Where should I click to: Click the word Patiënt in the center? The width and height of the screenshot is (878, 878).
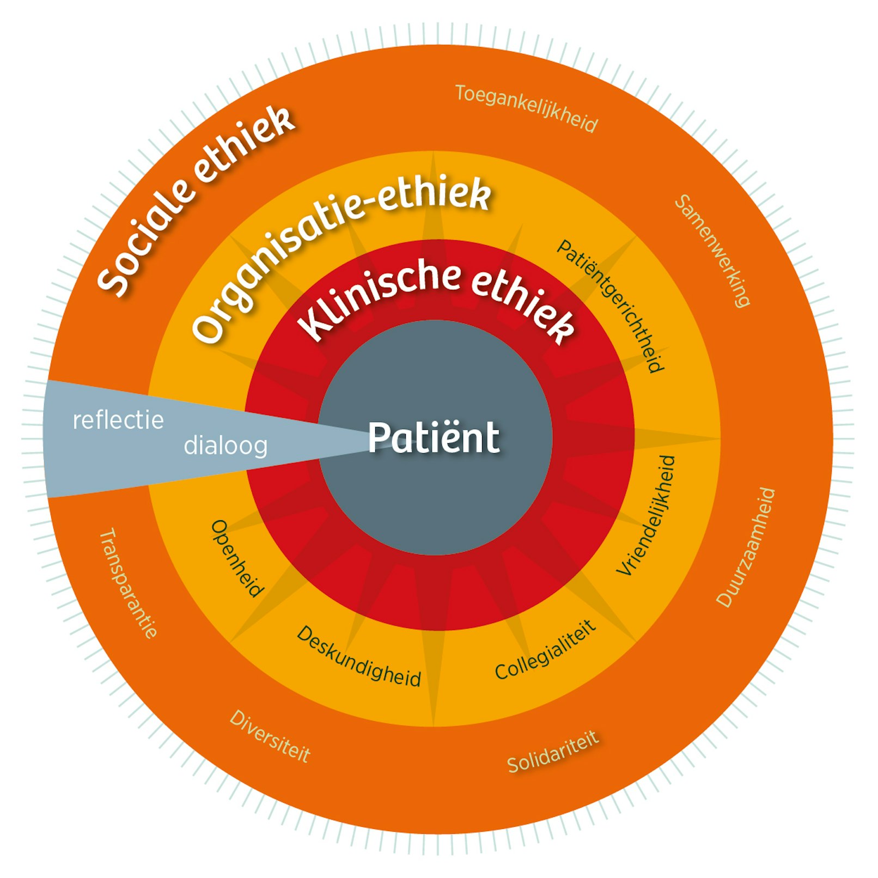coord(434,437)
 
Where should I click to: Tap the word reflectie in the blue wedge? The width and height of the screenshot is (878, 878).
coord(118,420)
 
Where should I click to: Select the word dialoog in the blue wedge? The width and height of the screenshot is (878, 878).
coord(225,446)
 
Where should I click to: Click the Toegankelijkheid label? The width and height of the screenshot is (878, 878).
coord(527,108)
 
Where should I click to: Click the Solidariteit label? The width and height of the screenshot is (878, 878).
coord(553,752)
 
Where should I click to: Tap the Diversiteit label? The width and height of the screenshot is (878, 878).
coord(270,736)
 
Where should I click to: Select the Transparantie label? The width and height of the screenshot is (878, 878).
coord(129,582)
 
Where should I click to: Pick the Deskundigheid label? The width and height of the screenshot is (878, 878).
coord(359,657)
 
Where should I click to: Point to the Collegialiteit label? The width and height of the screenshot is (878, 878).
coord(545,650)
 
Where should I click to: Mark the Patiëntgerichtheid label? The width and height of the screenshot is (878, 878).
coord(611,305)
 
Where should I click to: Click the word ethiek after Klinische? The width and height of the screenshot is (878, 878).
coord(523,305)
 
